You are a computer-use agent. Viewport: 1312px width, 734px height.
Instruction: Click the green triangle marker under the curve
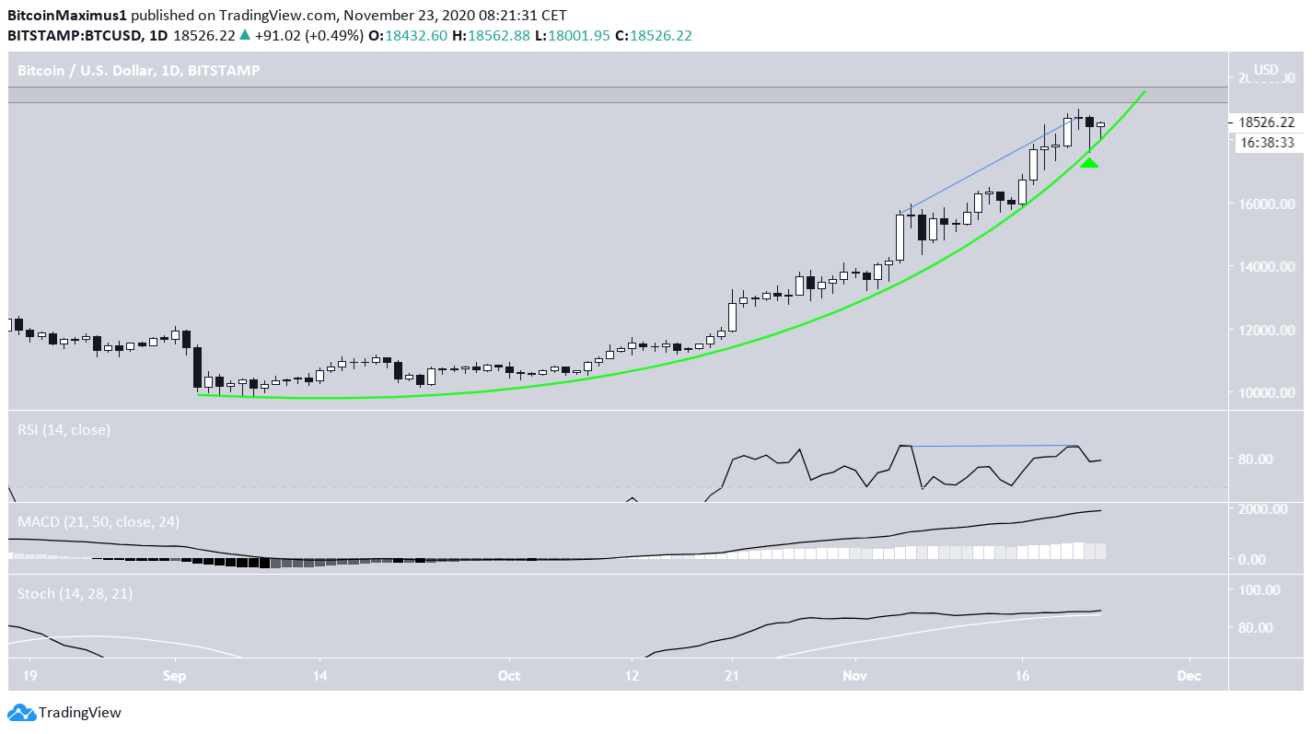tap(1089, 163)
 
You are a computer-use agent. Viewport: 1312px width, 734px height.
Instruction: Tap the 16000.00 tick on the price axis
tap(1267, 204)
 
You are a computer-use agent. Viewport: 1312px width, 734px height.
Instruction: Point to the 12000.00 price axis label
tap(1267, 330)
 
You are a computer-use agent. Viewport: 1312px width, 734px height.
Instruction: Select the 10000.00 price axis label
tap(1267, 393)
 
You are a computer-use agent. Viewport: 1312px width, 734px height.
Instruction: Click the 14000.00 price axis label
tap(1267, 267)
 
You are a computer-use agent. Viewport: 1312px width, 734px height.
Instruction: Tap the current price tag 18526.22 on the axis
tap(1268, 122)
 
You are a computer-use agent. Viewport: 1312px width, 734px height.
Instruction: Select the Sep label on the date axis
tap(175, 675)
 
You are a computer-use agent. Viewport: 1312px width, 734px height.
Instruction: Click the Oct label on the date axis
tap(509, 675)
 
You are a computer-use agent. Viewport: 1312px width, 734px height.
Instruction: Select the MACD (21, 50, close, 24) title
tap(99, 521)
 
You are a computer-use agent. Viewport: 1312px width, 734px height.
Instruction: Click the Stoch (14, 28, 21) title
tap(75, 594)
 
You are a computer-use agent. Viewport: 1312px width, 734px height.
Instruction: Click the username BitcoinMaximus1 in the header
tap(64, 16)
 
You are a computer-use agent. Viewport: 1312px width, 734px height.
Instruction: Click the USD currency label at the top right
tap(1267, 69)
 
